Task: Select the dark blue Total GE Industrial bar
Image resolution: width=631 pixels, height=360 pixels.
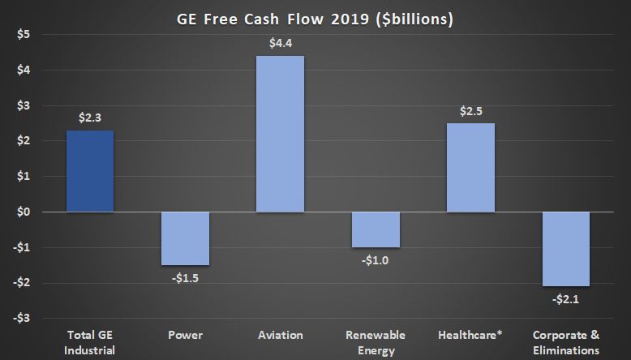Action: pyautogui.click(x=90, y=171)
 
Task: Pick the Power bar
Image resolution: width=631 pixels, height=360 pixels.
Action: pyautogui.click(x=186, y=238)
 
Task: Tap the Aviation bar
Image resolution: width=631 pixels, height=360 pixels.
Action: pyautogui.click(x=281, y=134)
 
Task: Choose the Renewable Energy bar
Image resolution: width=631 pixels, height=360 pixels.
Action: pyautogui.click(x=376, y=229)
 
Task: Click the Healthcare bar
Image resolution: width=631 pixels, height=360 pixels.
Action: pyautogui.click(x=471, y=167)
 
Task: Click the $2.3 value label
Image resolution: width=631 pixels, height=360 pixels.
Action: pyautogui.click(x=90, y=118)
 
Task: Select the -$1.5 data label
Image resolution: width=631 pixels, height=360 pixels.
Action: pyautogui.click(x=186, y=277)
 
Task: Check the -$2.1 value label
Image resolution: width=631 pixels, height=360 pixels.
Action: pyautogui.click(x=566, y=298)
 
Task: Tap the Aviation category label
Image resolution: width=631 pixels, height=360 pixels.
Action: pyautogui.click(x=281, y=334)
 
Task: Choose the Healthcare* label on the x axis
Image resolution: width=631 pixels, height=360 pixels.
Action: pyautogui.click(x=471, y=334)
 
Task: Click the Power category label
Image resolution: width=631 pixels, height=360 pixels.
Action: pyautogui.click(x=186, y=334)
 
